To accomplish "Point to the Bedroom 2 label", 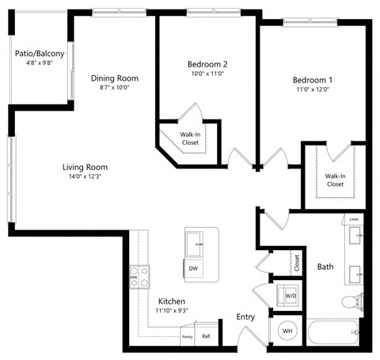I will click(x=207, y=64).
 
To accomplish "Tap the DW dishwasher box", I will click(x=192, y=269).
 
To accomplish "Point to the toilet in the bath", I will click(x=350, y=301).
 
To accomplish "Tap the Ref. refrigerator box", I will click(x=207, y=335).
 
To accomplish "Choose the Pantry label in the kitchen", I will click(x=187, y=336).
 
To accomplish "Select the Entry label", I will click(x=246, y=317).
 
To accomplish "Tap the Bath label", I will click(x=325, y=267).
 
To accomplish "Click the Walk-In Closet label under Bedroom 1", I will click(x=335, y=180).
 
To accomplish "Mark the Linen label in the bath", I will click(x=354, y=218).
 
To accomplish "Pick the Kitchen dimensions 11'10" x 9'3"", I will click(x=171, y=311).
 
